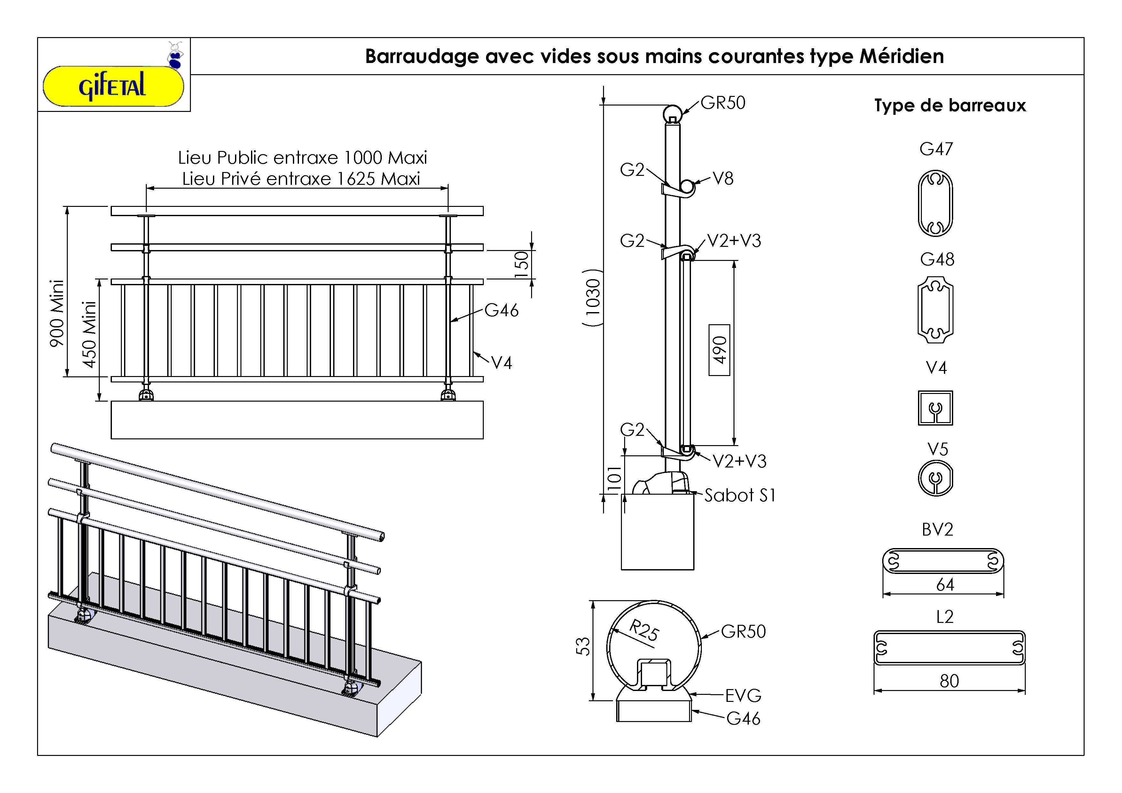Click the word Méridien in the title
click(x=902, y=57)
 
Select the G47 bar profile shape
click(x=935, y=203)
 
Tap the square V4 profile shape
click(x=935, y=407)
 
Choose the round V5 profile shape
click(x=935, y=478)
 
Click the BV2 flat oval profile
click(x=943, y=561)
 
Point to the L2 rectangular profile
click(x=949, y=648)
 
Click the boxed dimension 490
click(x=719, y=350)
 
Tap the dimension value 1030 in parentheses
click(x=592, y=298)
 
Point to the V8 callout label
click(x=723, y=179)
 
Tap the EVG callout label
click(x=743, y=695)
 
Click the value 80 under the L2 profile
click(x=949, y=681)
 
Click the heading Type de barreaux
click(x=950, y=106)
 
